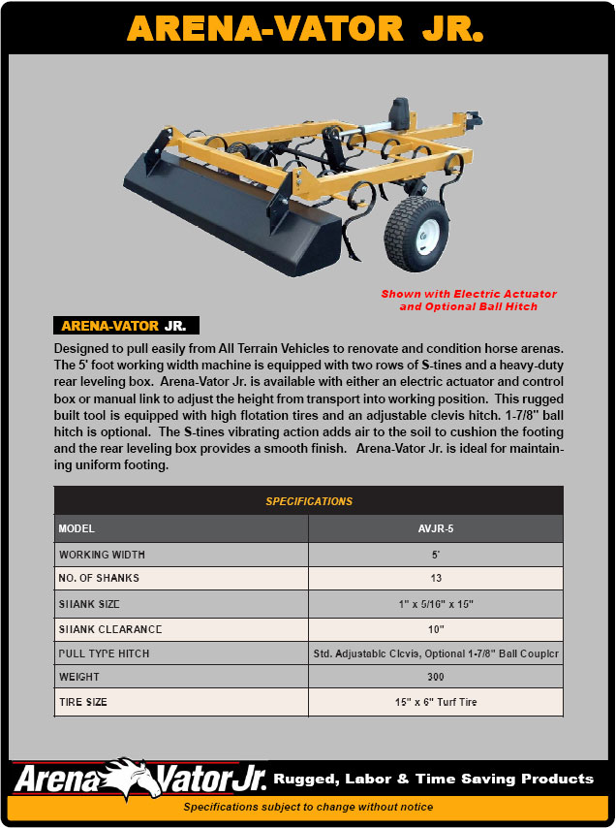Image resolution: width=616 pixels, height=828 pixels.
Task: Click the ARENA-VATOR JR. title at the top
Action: pos(307,28)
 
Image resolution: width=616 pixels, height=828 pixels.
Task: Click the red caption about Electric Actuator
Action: pos(469,300)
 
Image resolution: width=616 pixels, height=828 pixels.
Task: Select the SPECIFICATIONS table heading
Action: pos(309,501)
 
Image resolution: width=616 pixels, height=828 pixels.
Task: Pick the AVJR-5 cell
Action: pos(435,529)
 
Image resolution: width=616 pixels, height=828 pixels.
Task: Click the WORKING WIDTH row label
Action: pos(103,555)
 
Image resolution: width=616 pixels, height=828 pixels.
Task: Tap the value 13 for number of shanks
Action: pos(435,579)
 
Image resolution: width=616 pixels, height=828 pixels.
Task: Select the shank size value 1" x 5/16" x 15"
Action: pos(435,604)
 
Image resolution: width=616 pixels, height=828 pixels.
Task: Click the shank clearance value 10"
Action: pos(435,629)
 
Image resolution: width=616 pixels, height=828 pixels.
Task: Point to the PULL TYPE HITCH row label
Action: pos(105,653)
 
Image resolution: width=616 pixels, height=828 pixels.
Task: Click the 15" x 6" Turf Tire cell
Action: pos(435,702)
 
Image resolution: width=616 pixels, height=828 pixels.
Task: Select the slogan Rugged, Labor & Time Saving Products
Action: pos(433,779)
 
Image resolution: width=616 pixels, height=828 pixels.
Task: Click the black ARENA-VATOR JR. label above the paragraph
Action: pos(126,326)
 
